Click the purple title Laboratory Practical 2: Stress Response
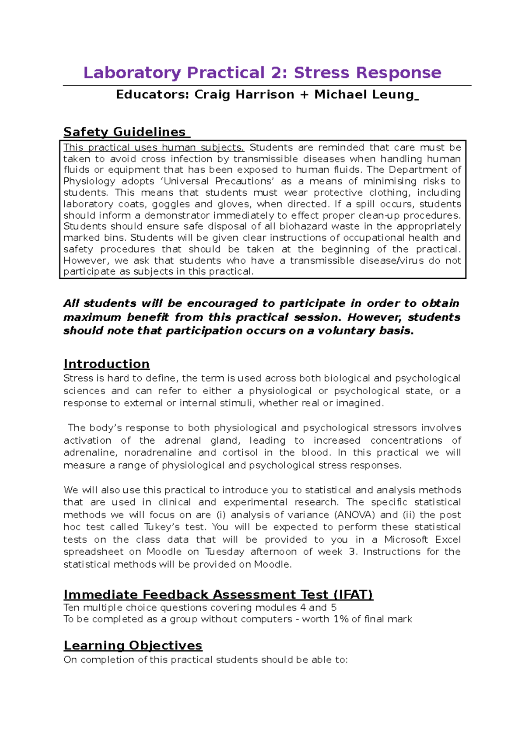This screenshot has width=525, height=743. [x=262, y=73]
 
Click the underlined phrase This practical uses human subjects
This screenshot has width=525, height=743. [x=154, y=147]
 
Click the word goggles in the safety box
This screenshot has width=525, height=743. [x=171, y=204]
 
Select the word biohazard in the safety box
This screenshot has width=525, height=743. [x=304, y=226]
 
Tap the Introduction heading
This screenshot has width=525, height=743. [x=106, y=364]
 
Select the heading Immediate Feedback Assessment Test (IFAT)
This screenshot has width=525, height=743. [x=218, y=595]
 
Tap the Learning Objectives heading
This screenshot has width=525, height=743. [x=133, y=645]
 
